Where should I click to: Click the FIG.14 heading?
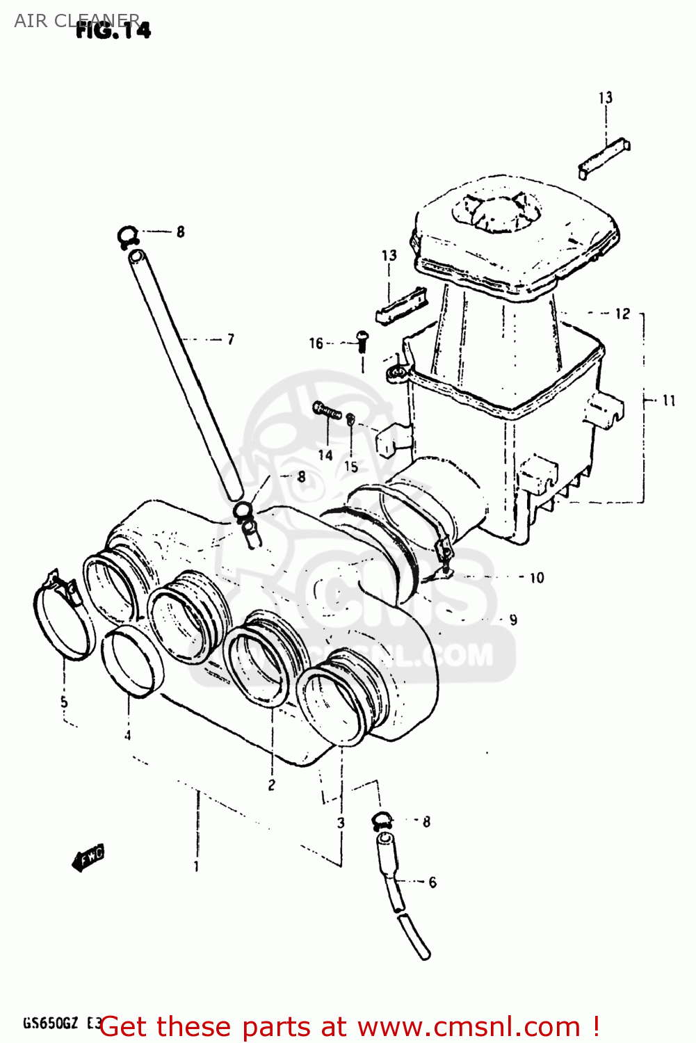(x=113, y=30)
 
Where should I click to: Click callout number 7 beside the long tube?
(x=231, y=339)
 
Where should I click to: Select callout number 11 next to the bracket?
(x=668, y=401)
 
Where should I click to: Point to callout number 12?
(x=622, y=314)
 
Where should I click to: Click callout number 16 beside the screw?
(x=316, y=343)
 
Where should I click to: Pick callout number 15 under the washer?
(x=351, y=467)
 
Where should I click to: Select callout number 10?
(x=537, y=578)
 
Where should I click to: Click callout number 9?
(x=513, y=620)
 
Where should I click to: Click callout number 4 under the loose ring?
(x=127, y=735)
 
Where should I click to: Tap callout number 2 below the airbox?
(x=271, y=785)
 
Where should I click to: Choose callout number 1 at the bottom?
(x=197, y=866)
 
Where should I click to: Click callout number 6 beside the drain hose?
(x=432, y=882)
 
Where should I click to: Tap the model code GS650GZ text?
(x=50, y=1024)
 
